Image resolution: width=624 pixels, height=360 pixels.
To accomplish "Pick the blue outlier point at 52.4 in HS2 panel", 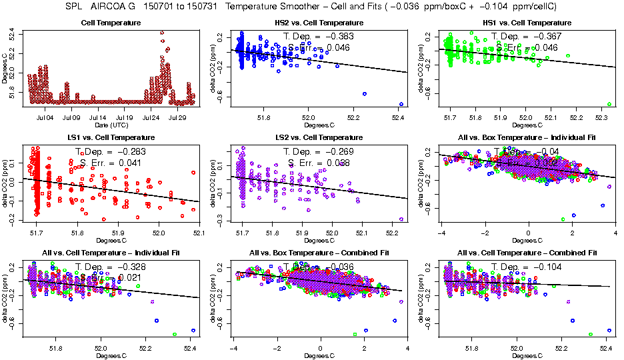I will click(401, 104).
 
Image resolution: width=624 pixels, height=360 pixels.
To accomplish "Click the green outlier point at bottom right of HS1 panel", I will click(609, 104).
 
